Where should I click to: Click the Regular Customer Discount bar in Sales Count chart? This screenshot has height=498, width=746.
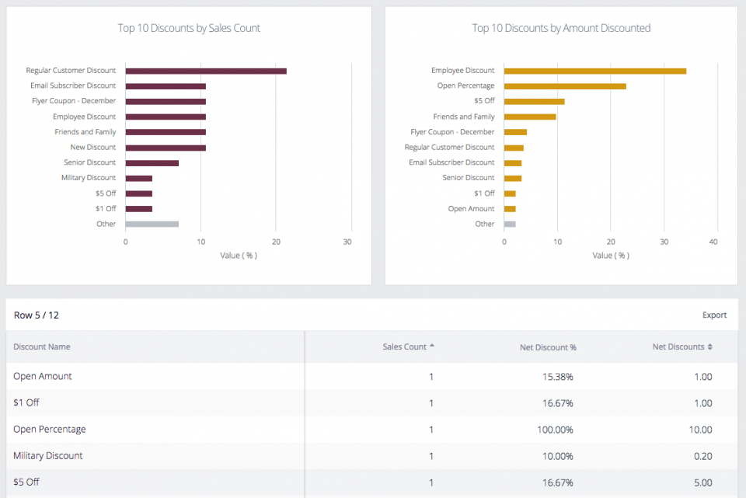pyautogui.click(x=205, y=71)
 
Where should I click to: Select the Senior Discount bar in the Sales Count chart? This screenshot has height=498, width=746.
pyautogui.click(x=152, y=163)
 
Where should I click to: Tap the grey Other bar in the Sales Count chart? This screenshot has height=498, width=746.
pyautogui.click(x=152, y=224)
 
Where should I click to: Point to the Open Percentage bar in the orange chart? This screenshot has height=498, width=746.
pyautogui.click(x=565, y=86)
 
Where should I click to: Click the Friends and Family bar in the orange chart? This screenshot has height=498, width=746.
pyautogui.click(x=530, y=117)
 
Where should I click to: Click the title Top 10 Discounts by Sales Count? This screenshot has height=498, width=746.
pyautogui.click(x=189, y=28)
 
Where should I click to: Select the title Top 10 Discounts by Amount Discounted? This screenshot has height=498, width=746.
pyautogui.click(x=561, y=28)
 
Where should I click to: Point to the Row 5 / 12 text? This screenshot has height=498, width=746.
pyautogui.click(x=37, y=315)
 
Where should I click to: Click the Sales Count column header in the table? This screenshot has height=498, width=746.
pyautogui.click(x=405, y=347)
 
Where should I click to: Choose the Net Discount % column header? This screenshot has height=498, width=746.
pyautogui.click(x=548, y=347)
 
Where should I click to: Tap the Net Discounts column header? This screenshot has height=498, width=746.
pyautogui.click(x=678, y=347)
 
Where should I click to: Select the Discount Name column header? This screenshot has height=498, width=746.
pyautogui.click(x=42, y=347)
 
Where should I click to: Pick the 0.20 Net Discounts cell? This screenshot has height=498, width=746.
pyautogui.click(x=702, y=456)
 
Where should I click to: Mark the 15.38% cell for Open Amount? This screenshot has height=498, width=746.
pyautogui.click(x=557, y=377)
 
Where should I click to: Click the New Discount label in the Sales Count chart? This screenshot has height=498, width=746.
pyautogui.click(x=92, y=147)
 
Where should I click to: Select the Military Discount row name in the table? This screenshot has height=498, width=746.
pyautogui.click(x=48, y=456)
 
